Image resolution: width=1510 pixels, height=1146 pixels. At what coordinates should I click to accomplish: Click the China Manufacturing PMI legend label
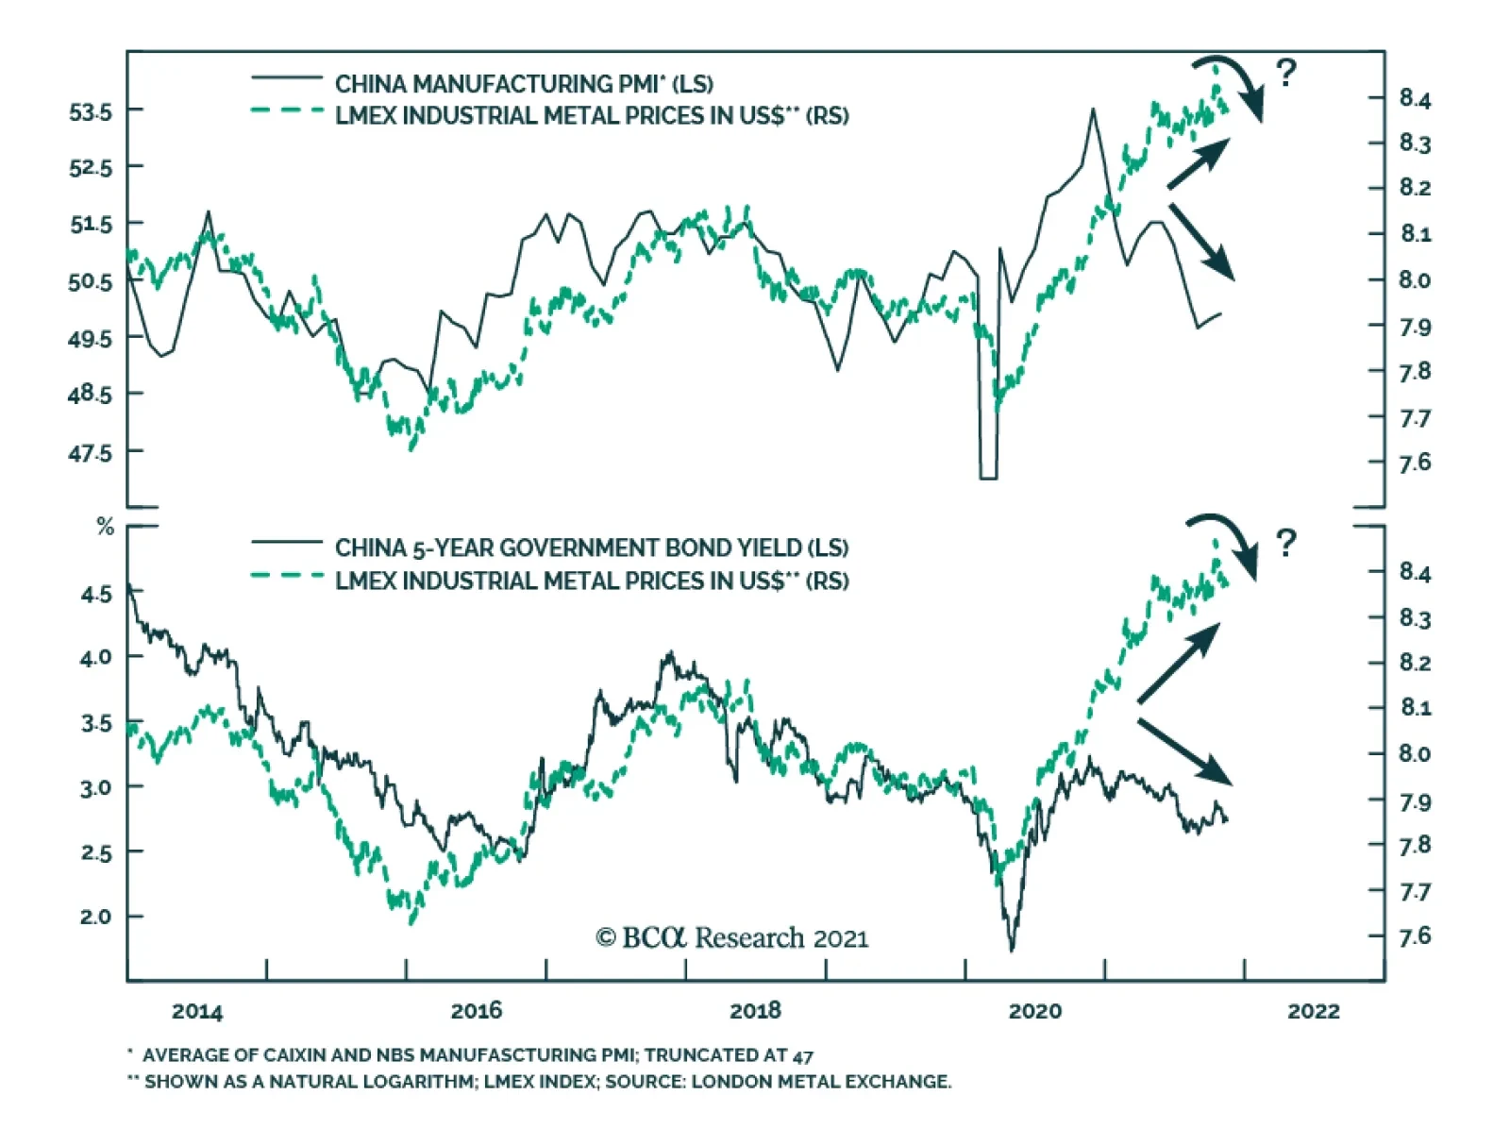pyautogui.click(x=524, y=84)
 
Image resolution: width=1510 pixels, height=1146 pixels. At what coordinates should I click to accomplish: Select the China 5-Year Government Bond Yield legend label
pyautogui.click(x=591, y=548)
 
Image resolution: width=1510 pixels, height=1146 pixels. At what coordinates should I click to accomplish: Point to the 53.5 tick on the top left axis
pyautogui.click(x=90, y=111)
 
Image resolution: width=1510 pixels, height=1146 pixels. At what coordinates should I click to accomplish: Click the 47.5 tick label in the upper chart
pyautogui.click(x=90, y=453)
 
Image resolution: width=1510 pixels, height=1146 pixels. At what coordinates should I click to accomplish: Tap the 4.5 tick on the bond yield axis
pyautogui.click(x=95, y=594)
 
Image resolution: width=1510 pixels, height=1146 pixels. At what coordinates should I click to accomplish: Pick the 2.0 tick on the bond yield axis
pyautogui.click(x=95, y=917)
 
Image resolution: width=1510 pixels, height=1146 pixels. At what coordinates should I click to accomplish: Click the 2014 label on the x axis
pyautogui.click(x=197, y=1011)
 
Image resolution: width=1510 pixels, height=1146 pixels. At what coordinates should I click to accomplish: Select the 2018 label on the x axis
pyautogui.click(x=755, y=1011)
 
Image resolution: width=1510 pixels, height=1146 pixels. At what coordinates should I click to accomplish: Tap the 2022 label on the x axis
pyautogui.click(x=1313, y=1011)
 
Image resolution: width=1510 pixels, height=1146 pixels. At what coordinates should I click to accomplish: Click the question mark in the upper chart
pyautogui.click(x=1285, y=73)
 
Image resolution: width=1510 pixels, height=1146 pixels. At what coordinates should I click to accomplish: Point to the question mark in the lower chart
pyautogui.click(x=1285, y=543)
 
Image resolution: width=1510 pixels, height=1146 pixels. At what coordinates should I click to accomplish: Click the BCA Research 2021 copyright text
pyautogui.click(x=731, y=937)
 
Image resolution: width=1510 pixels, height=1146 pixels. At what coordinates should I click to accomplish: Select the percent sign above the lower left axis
pyautogui.click(x=106, y=528)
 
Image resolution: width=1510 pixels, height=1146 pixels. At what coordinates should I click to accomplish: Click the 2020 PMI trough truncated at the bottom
pyautogui.click(x=988, y=478)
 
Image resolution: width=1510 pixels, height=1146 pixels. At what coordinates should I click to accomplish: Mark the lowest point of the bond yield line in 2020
pyautogui.click(x=1012, y=949)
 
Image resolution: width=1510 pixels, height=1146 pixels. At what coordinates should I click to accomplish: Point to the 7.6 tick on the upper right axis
pyautogui.click(x=1415, y=463)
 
